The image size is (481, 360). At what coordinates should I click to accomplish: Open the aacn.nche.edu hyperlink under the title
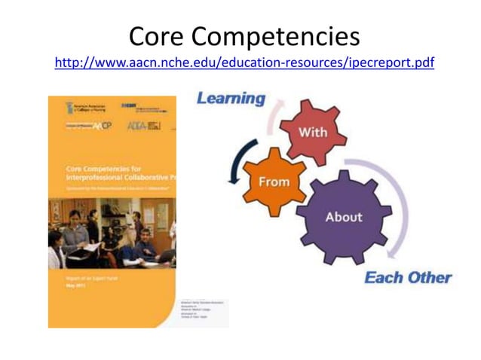point(244,63)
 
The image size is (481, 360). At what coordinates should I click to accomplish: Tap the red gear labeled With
point(312,132)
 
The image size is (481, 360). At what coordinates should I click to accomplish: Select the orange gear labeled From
point(274,182)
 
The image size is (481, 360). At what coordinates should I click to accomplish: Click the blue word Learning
point(231,99)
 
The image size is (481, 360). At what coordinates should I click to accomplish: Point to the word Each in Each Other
point(383,277)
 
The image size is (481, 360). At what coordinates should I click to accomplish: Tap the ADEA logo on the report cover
point(143,125)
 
